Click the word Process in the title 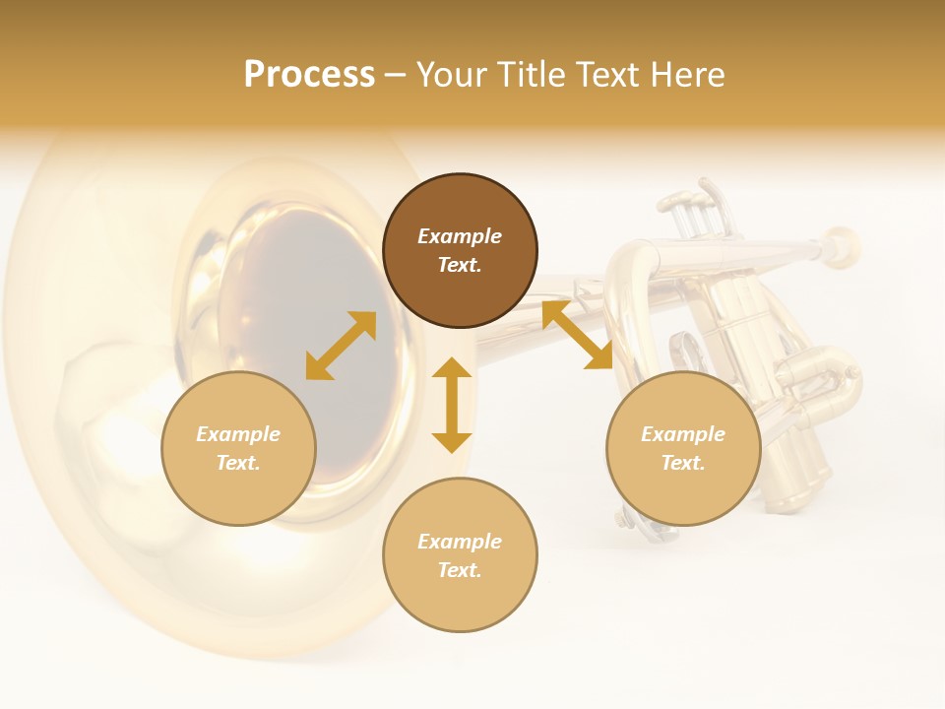click(x=309, y=75)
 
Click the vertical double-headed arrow click(x=452, y=405)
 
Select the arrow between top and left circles click(x=341, y=346)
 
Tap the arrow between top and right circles click(x=577, y=336)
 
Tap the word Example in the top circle click(x=460, y=236)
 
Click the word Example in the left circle click(x=238, y=434)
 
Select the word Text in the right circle click(x=683, y=463)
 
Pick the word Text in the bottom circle click(x=460, y=570)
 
